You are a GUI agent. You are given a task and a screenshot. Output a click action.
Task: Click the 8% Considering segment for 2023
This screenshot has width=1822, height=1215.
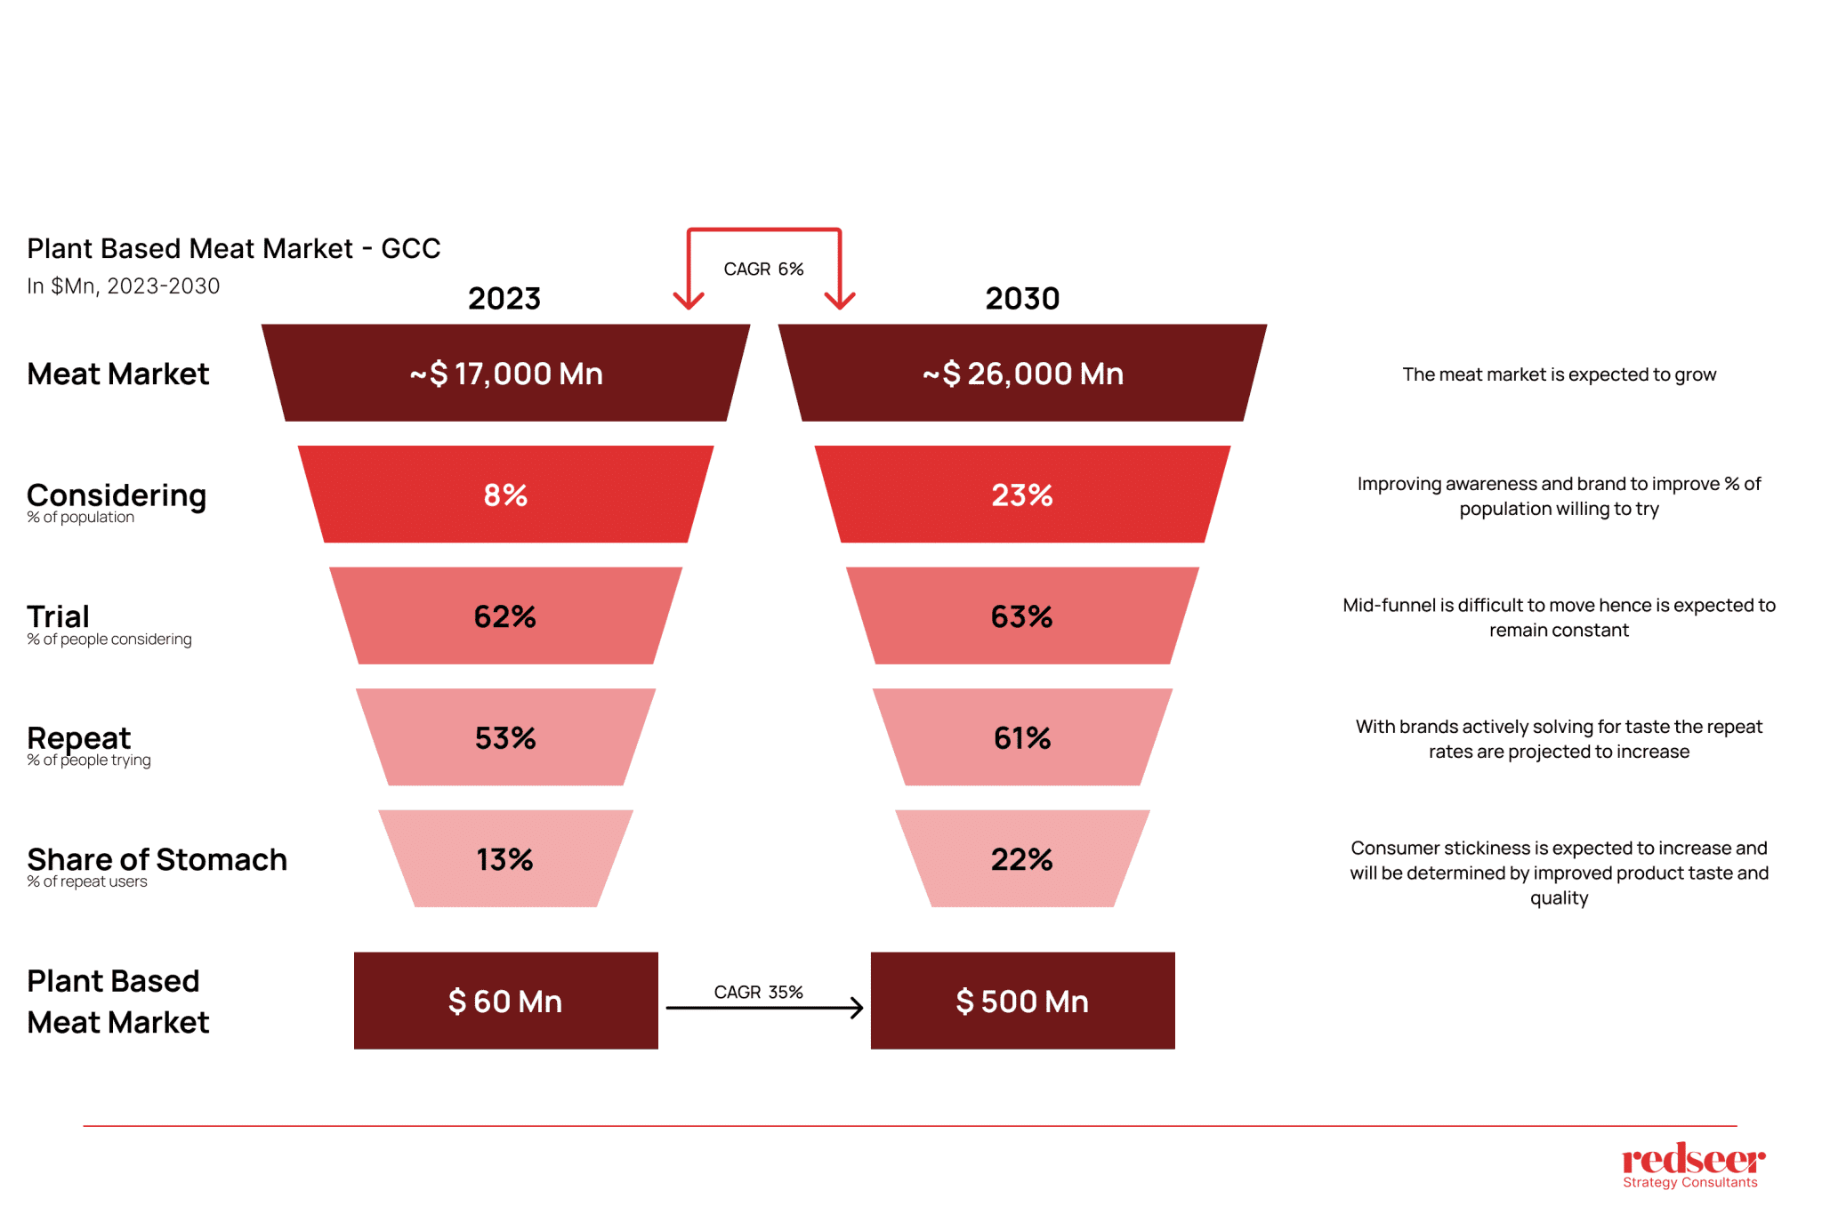(505, 495)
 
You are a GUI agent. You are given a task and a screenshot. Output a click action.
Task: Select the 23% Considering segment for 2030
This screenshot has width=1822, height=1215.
(1022, 495)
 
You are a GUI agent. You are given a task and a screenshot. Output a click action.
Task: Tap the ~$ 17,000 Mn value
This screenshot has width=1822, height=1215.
(505, 374)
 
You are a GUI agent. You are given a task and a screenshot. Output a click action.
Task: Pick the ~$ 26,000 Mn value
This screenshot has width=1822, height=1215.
(1022, 374)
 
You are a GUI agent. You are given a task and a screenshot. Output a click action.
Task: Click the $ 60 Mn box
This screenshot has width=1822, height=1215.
(505, 1001)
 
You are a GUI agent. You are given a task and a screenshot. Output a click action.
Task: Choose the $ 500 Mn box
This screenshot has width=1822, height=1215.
(1022, 1001)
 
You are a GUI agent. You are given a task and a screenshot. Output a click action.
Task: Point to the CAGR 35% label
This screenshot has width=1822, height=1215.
(758, 992)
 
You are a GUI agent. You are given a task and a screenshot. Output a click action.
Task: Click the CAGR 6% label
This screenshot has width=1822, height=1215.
(763, 269)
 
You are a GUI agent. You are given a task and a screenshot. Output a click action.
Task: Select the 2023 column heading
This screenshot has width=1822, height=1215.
(504, 298)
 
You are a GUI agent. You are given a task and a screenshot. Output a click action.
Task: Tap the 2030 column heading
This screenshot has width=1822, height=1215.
(1022, 298)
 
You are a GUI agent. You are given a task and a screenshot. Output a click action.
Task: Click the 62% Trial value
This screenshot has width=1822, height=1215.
(505, 616)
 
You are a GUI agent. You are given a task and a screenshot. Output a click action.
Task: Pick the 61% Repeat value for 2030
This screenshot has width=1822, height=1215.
(1022, 737)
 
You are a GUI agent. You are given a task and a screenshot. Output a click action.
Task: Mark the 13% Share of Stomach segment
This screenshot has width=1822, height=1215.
(505, 859)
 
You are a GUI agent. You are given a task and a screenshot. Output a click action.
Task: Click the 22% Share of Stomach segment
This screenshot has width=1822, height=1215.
(1022, 859)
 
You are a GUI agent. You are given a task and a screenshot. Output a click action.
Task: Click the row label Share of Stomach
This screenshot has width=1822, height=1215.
(157, 859)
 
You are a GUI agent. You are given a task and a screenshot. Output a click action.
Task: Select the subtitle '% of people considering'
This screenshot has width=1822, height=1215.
(109, 640)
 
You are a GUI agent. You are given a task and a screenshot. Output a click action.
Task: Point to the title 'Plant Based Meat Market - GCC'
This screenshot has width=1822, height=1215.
(233, 248)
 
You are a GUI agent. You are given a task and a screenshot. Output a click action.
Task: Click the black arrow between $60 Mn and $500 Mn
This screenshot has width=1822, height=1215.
(763, 1008)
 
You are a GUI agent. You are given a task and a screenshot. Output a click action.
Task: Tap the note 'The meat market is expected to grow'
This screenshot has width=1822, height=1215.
(1559, 374)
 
